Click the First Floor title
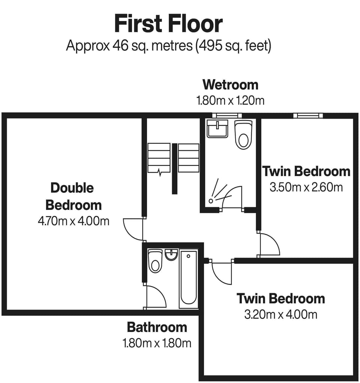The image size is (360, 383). click(x=168, y=24)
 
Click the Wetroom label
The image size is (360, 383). click(x=230, y=85)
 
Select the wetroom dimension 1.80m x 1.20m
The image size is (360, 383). click(x=230, y=100)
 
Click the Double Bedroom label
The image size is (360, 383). click(x=73, y=196)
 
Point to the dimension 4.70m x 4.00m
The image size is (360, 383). click(x=73, y=221)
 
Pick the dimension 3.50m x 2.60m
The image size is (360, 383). click(x=306, y=187)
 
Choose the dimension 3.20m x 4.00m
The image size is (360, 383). click(x=280, y=314)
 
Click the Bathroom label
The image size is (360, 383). click(x=157, y=327)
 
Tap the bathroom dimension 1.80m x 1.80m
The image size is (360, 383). click(x=157, y=343)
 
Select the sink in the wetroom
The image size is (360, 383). click(x=217, y=129)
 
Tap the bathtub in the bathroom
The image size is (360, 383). click(x=188, y=278)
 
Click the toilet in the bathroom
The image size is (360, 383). click(x=154, y=261)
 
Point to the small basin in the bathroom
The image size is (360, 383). click(x=171, y=255)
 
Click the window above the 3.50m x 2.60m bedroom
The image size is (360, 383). click(x=308, y=116)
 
